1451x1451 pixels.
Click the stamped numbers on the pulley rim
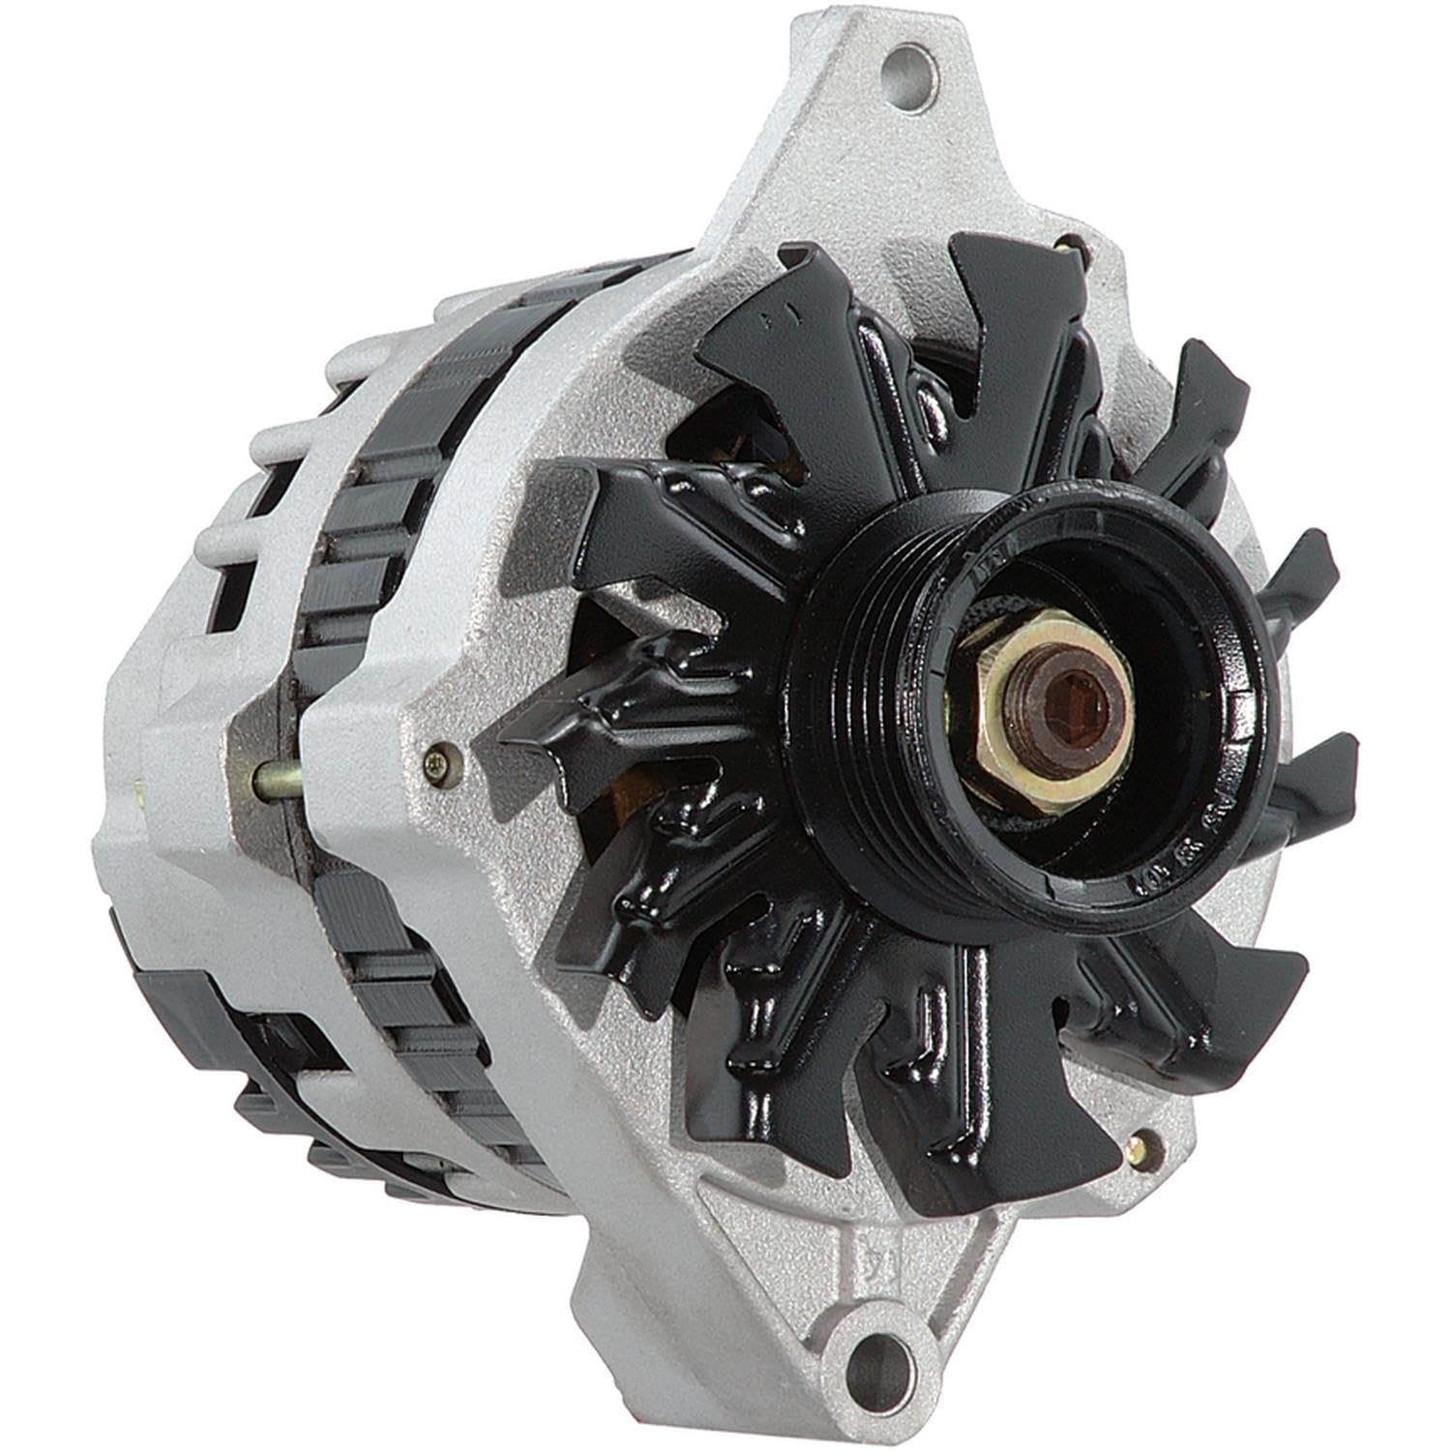pyautogui.click(x=1175, y=857)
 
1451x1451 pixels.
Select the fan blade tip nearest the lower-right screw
pyautogui.click(x=1248, y=977)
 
